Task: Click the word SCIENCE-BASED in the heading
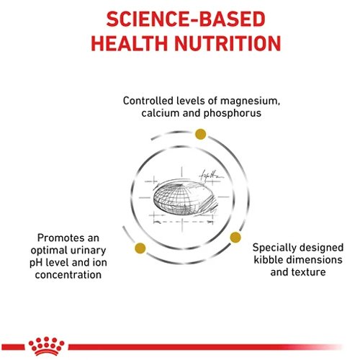coord(186,19)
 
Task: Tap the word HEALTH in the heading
coord(129,43)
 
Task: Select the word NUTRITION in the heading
coord(228,43)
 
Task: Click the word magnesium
coord(250,102)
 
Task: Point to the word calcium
coord(161,113)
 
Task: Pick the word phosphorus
coord(233,114)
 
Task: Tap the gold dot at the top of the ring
coord(201,134)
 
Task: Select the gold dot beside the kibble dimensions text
coord(235,237)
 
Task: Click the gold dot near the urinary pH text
coord(140,248)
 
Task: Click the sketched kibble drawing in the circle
coord(185,197)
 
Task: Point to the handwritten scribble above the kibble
coord(211,176)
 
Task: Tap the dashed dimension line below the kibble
coord(183,222)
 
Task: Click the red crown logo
coord(46,346)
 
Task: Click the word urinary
coord(89,251)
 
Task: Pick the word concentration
coord(68,275)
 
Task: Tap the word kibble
coord(268,260)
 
